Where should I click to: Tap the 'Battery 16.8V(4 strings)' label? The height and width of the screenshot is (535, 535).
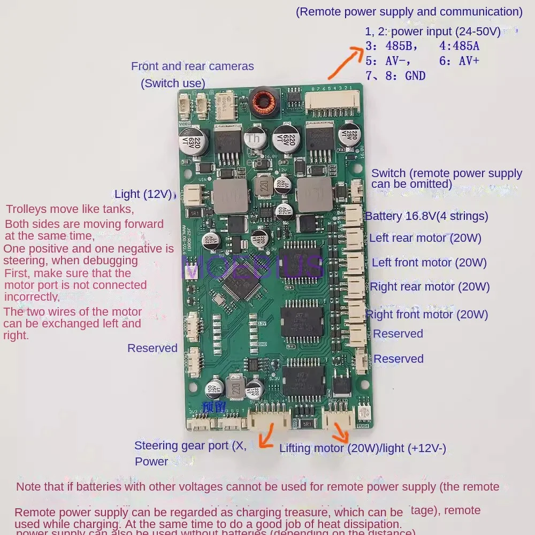point(426,216)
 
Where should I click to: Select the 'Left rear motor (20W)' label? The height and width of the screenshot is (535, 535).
point(425,238)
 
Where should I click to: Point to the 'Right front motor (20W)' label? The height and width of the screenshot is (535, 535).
point(427,315)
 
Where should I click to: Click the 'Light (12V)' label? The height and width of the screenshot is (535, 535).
point(143,194)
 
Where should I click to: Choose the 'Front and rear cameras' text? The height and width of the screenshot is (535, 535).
point(193,66)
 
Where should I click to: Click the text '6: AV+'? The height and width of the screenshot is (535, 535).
point(459,61)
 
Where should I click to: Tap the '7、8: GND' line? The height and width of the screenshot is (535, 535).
point(395,76)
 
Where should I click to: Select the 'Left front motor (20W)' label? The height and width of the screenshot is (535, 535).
point(429,263)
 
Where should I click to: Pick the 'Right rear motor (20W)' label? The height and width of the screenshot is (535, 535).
point(430,287)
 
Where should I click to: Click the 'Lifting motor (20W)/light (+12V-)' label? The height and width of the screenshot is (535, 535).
point(362,448)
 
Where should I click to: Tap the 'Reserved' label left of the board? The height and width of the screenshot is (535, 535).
point(152,348)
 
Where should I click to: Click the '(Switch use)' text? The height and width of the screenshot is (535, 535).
point(173,83)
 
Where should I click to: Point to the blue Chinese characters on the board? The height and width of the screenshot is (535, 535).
point(215,405)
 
